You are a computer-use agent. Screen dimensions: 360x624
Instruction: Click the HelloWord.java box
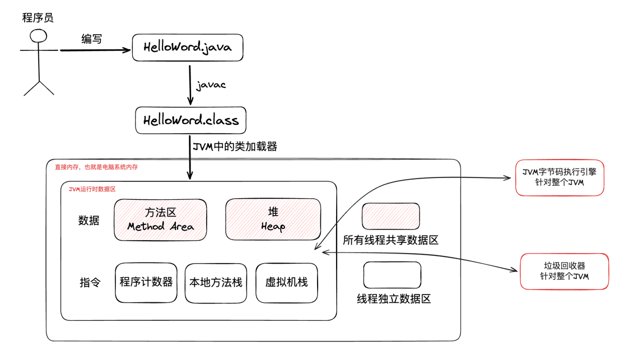coord(188,47)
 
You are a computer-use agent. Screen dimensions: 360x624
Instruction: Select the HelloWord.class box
coord(191,120)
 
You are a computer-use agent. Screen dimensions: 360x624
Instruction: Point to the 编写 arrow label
coord(91,39)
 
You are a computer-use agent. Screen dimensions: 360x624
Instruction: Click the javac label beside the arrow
coord(211,86)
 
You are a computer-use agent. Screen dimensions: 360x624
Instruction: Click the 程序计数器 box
coord(146,282)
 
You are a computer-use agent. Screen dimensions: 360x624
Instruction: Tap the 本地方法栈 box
coord(216,282)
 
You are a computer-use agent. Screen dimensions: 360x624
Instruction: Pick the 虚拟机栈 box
coord(286,282)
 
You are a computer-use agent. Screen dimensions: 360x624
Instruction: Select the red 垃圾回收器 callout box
coord(564,271)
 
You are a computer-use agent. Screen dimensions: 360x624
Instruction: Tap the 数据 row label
coord(89,221)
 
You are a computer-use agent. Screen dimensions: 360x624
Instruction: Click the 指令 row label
coord(89,282)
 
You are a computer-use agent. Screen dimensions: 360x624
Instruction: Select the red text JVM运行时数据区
coord(92,190)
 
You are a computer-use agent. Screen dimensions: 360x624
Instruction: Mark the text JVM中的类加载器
coord(235,147)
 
